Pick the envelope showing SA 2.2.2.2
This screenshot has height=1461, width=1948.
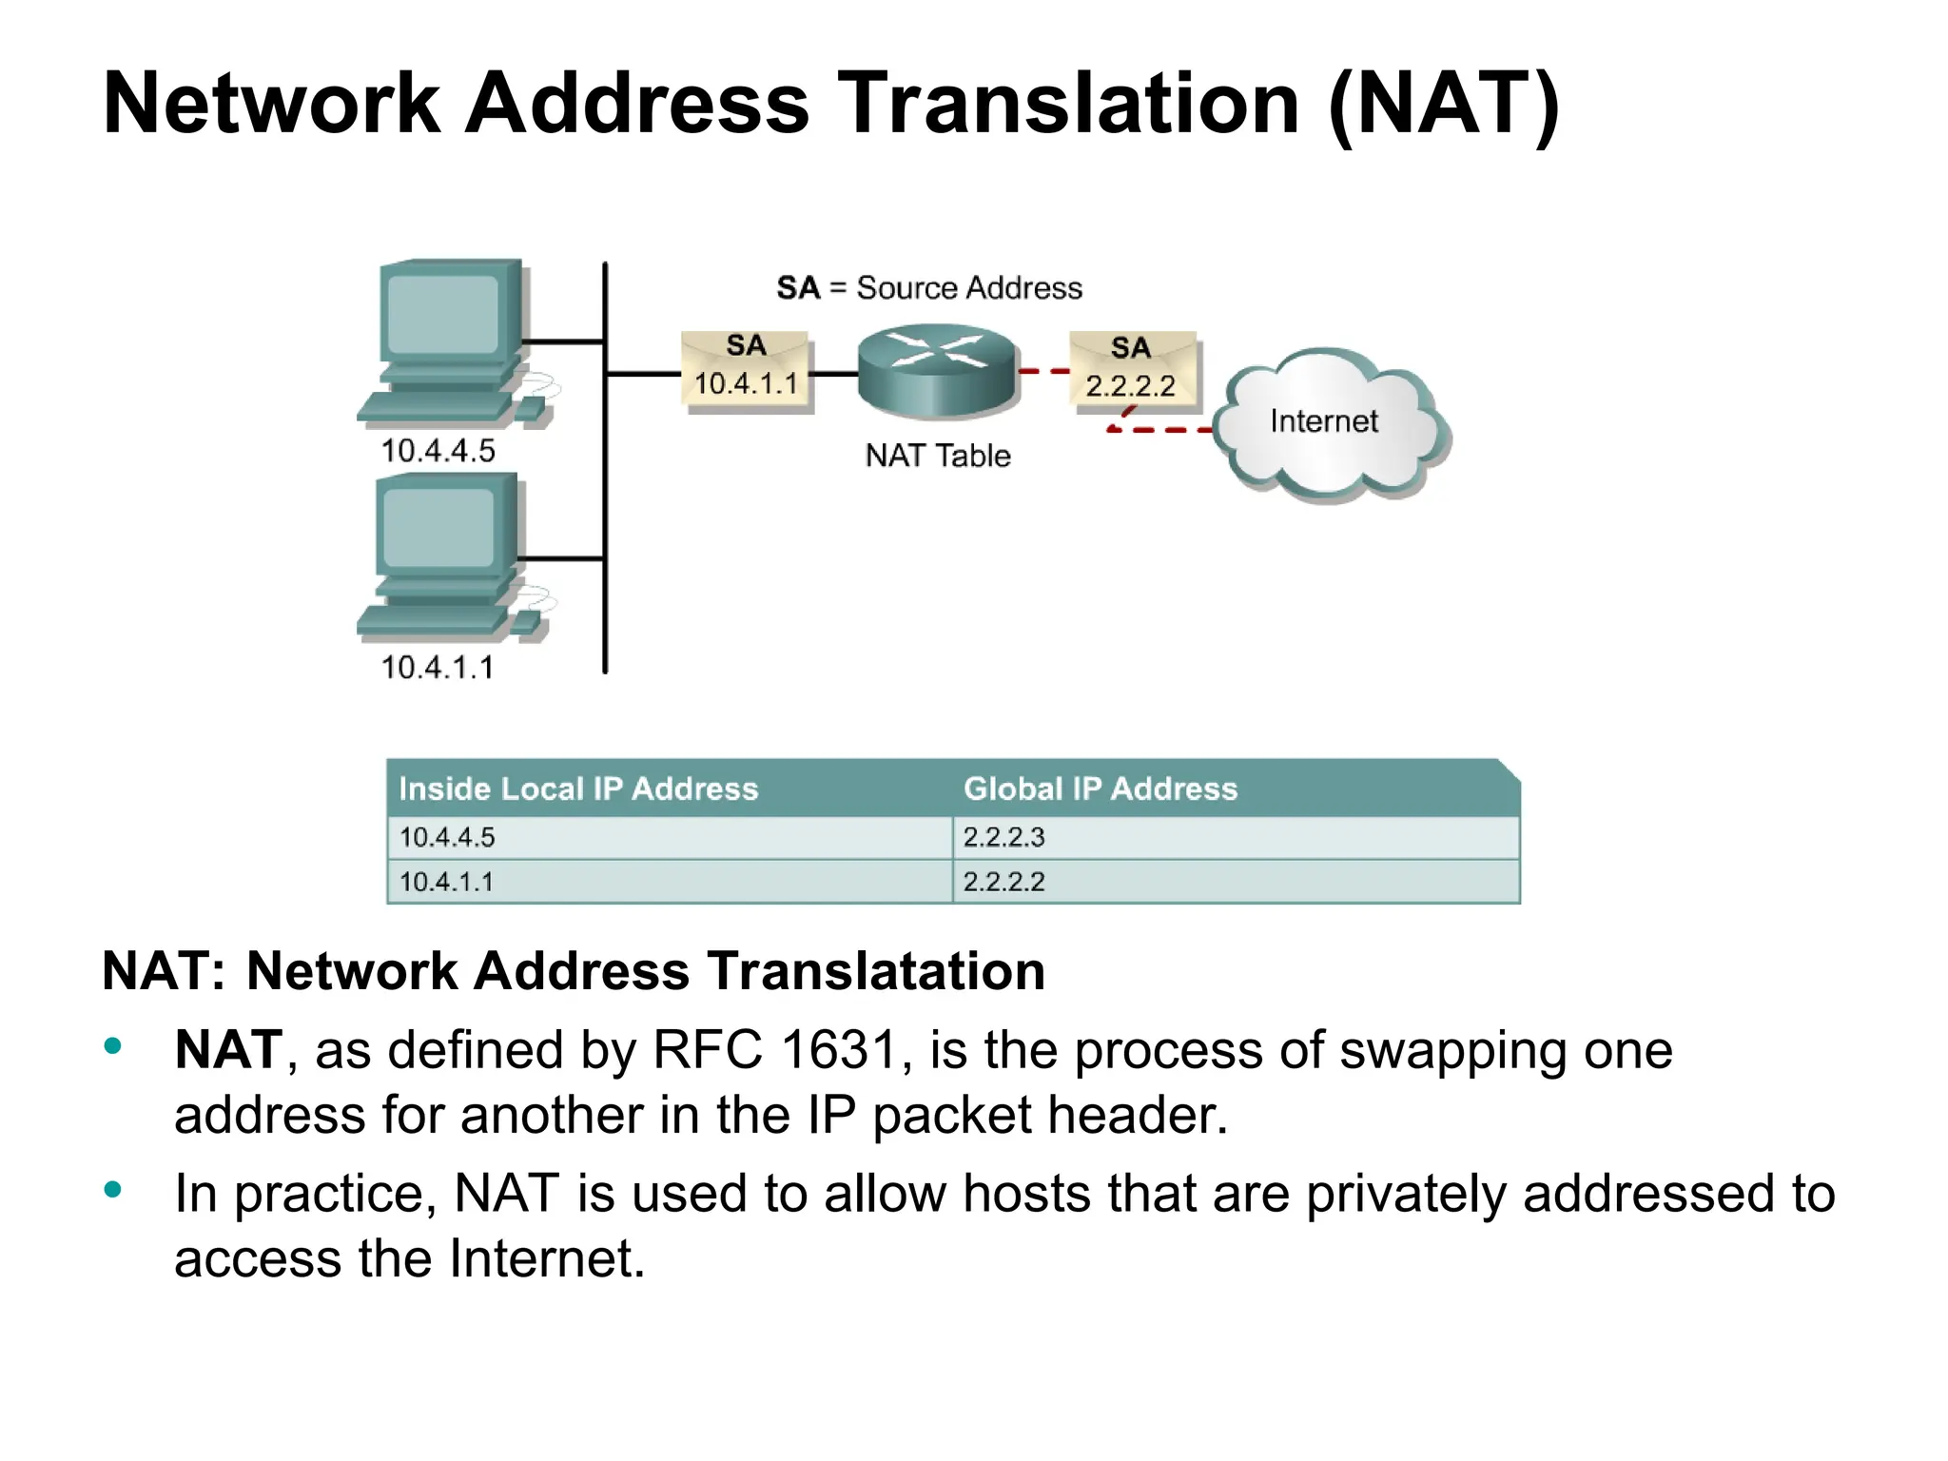pos(1132,371)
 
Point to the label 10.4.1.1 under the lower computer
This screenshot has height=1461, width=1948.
pos(438,668)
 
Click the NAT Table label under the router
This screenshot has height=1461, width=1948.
pos(937,457)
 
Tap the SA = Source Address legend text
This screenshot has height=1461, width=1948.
pos(928,288)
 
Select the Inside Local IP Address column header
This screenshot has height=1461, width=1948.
pos(578,789)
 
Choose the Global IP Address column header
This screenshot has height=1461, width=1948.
pos(1100,789)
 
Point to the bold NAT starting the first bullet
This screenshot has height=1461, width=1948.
pos(228,1050)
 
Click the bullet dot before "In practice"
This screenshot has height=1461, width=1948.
pos(113,1189)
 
